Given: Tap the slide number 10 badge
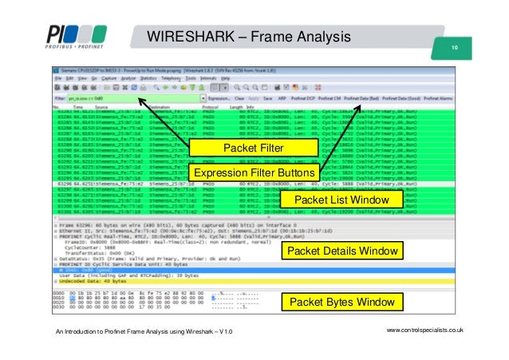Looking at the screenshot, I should (454, 49).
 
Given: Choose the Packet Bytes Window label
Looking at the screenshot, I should (341, 303).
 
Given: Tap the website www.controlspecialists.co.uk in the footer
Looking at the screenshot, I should (425, 330).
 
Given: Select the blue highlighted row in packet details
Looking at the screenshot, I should (160, 270).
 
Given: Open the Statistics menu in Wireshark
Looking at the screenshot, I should (145, 80).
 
